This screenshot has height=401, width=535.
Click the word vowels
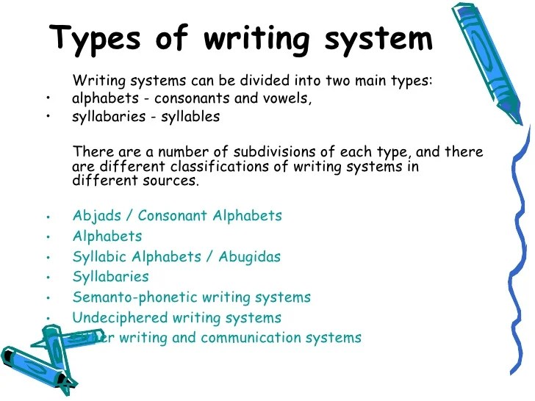[289, 98]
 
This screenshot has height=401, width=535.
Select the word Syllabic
[99, 257]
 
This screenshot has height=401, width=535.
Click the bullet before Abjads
[47, 217]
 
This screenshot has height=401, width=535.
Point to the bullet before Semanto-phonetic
[47, 298]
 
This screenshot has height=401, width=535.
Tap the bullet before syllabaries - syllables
[47, 117]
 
